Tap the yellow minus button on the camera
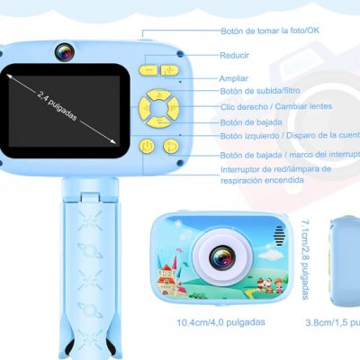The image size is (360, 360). coord(148,69)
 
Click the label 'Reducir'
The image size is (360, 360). coord(236,55)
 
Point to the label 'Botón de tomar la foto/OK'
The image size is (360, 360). coord(270,31)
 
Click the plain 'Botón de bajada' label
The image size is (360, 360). coord(252,121)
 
